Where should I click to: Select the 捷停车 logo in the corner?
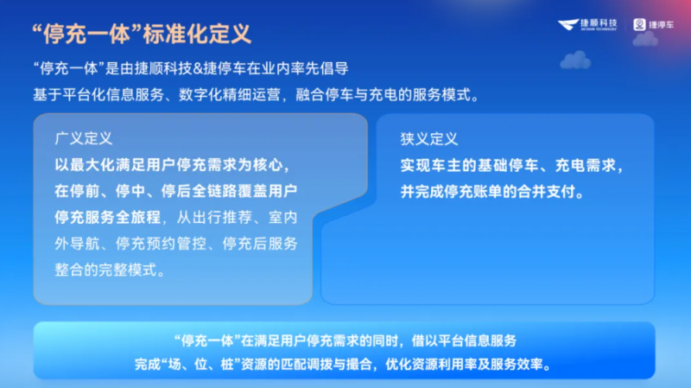tap(652, 26)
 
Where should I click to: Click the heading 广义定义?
tap(84, 138)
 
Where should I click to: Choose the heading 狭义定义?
tap(428, 138)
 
